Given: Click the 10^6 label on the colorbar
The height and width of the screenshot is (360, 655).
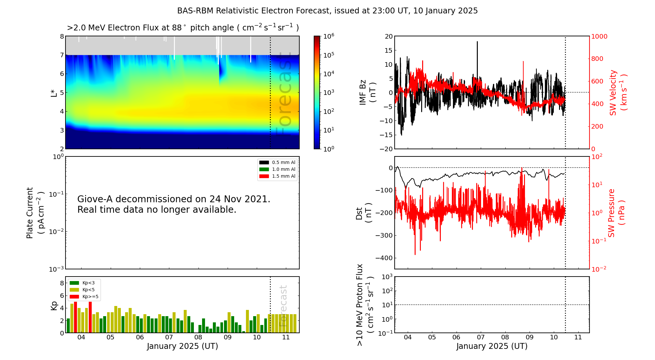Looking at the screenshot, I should pos(328,36).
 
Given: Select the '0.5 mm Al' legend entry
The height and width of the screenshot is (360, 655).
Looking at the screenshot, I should pos(283,162).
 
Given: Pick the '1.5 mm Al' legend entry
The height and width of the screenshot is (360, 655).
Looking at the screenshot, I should pos(283,176).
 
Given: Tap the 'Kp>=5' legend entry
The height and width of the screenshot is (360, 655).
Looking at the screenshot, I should pos(90,297).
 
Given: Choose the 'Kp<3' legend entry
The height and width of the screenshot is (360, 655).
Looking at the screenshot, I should pos(88,283).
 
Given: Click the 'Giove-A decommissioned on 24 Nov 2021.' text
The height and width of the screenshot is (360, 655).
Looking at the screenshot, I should pos(174,199).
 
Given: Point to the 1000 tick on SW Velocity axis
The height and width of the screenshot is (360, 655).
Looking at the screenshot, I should pos(599,36).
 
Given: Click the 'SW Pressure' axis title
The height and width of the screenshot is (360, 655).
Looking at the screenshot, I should pos(612,213).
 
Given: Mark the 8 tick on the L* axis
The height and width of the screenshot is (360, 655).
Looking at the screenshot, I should pos(62,36).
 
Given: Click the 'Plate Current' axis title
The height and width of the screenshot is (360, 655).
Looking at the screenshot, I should pos(30,213).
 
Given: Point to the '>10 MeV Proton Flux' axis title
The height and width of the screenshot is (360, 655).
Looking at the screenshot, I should pos(360,305).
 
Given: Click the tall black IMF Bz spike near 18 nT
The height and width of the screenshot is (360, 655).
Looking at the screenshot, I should pos(477,43).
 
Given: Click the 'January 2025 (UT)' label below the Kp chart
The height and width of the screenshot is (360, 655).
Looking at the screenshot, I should pos(182,346).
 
